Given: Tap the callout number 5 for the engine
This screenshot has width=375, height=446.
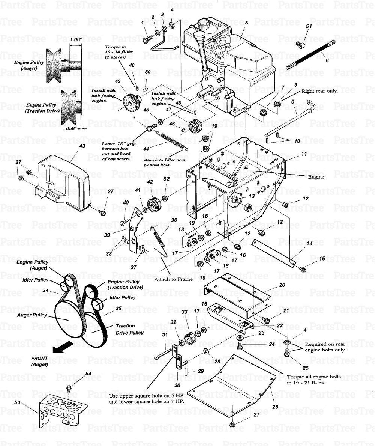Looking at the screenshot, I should tap(246, 23).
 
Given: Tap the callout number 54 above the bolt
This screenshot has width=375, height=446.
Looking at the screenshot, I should tap(88, 374).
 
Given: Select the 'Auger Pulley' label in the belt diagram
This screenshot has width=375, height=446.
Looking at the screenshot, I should tap(32, 315).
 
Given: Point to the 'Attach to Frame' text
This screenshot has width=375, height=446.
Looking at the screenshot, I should tap(173, 279).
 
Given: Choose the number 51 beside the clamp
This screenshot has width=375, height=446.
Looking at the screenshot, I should tap(309, 26).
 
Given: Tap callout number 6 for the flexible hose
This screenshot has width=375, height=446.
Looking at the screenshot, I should tap(327, 60).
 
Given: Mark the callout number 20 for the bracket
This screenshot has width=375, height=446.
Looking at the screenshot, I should tap(282, 285).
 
